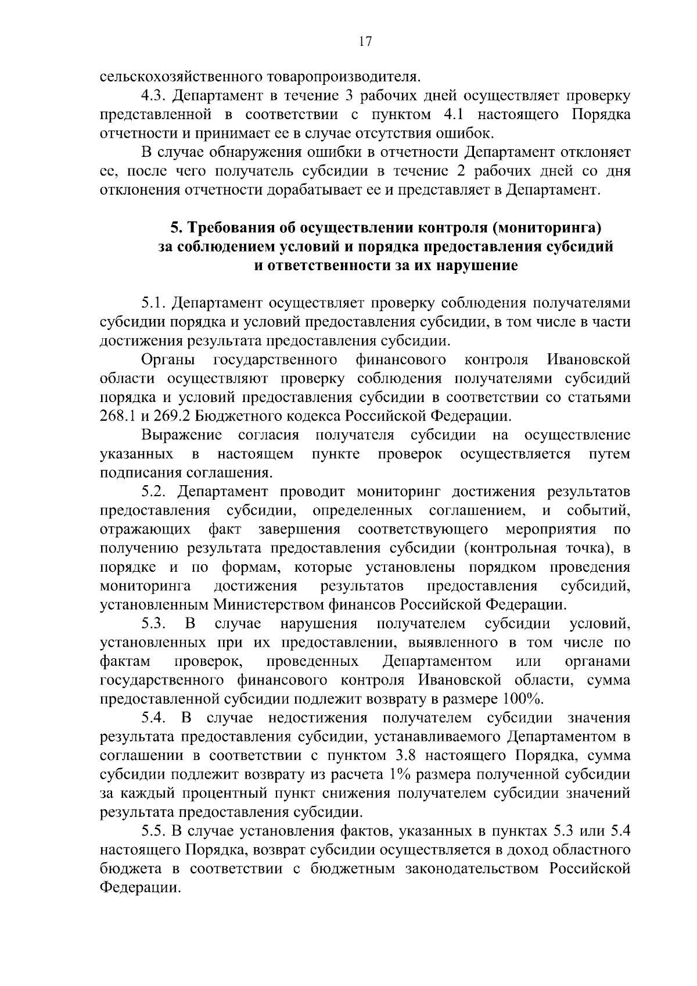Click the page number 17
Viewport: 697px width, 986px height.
pyautogui.click(x=365, y=41)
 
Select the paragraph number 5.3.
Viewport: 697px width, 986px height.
pyautogui.click(x=153, y=623)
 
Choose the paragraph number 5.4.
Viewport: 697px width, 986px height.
pyautogui.click(x=153, y=718)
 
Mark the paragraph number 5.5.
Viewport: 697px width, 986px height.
pyautogui.click(x=153, y=831)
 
